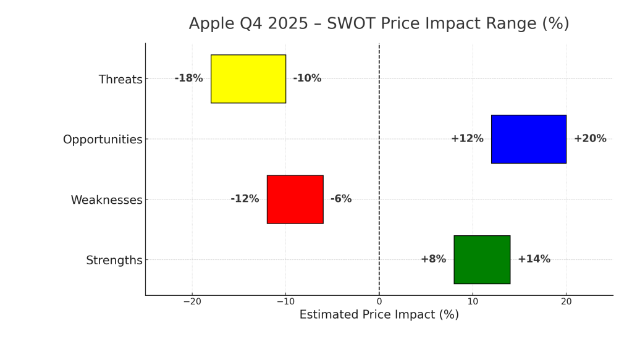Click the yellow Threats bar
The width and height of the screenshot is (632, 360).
248,79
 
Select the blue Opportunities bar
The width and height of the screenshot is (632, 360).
529,139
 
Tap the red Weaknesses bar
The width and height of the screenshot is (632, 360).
295,199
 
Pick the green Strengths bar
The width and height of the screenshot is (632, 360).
482,259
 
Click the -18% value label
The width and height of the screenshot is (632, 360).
188,78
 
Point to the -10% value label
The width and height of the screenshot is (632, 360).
307,78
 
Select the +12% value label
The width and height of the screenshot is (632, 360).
467,139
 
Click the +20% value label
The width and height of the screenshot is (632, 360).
590,139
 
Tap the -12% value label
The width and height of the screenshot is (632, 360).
245,199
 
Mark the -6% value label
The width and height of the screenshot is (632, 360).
341,199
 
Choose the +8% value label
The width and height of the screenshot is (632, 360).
433,259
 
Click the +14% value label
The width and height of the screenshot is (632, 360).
534,259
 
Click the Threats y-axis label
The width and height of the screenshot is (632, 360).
120,80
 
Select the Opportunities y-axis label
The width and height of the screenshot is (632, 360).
103,140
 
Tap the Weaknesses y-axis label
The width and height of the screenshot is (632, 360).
106,200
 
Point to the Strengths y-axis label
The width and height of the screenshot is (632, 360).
114,261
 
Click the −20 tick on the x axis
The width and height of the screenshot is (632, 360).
192,301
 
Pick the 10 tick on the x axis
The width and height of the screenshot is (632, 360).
473,301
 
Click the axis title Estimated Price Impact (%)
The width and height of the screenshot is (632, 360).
379,315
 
